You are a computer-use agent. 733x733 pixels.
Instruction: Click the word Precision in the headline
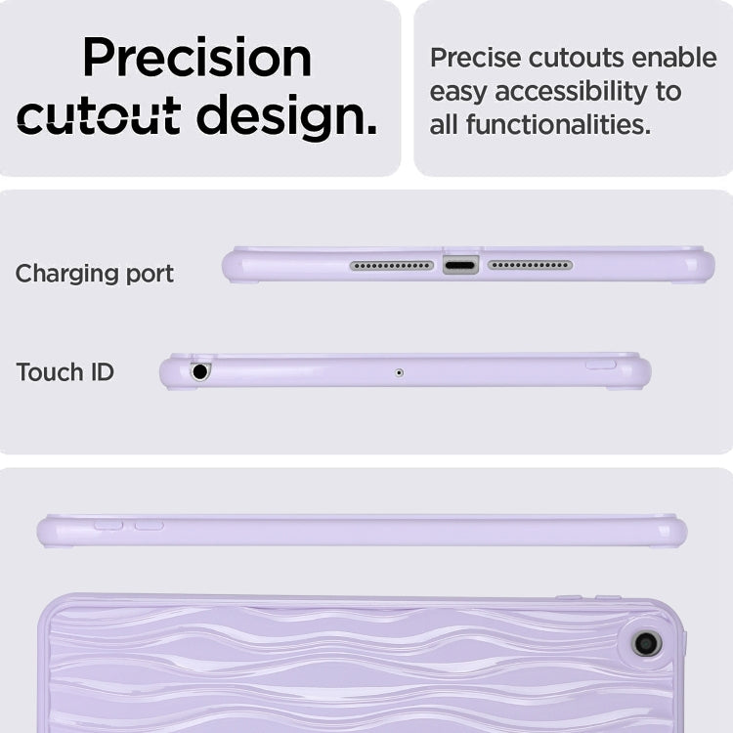(197, 57)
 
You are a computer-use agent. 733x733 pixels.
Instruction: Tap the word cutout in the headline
(99, 114)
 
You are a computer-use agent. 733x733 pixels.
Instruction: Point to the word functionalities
(558, 125)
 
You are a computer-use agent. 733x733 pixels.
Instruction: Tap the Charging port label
(95, 274)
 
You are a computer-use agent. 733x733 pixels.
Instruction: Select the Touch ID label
(65, 372)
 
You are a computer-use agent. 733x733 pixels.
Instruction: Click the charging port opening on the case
(460, 266)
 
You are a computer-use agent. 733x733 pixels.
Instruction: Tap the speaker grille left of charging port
(392, 266)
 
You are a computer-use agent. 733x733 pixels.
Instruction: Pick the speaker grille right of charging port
(530, 265)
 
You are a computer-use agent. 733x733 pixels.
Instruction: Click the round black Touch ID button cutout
(200, 372)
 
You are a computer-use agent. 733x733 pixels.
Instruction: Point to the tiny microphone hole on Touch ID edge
(399, 372)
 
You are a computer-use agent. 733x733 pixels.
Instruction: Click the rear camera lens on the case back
(647, 644)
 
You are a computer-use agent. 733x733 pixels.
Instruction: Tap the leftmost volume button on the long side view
(108, 526)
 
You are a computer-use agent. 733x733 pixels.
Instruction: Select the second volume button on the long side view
(150, 526)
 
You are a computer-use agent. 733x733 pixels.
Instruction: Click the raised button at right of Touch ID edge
(601, 365)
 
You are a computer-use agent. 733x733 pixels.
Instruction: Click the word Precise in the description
(475, 58)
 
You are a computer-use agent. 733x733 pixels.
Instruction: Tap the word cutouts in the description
(576, 58)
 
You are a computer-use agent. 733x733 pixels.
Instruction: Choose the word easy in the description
(458, 93)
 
